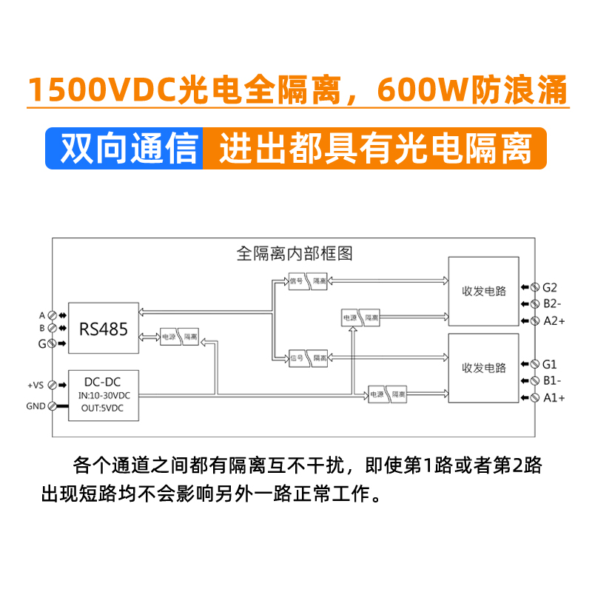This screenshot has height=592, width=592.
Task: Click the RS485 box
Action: pos(104,329)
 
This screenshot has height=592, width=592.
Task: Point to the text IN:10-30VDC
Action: pos(104,396)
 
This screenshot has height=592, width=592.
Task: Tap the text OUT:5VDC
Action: pos(104,408)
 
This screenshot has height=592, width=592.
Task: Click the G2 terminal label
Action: pos(549,287)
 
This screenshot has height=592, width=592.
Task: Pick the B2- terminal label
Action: pos(552,303)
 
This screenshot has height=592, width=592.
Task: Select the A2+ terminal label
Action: pos(554,320)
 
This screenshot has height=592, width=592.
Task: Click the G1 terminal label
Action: pos(549,364)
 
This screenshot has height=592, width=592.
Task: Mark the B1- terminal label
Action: pos(552,381)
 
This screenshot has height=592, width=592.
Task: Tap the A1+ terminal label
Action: pos(554,398)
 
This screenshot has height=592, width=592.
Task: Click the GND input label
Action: pos(36,406)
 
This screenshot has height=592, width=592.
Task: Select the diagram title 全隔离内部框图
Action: pos(294,254)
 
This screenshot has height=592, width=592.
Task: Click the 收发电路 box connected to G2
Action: pos(484,291)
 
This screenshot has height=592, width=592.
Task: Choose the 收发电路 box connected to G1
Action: pos(484,368)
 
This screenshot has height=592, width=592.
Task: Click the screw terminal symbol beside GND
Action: pos(53,406)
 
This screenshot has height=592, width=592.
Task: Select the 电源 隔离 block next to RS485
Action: pos(180,335)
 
